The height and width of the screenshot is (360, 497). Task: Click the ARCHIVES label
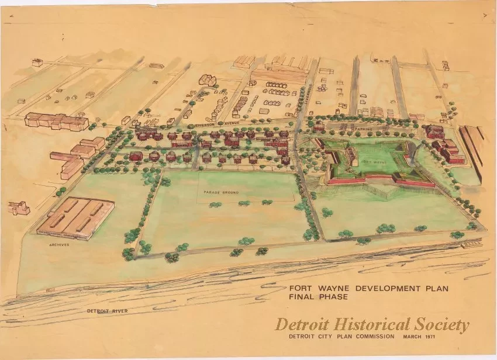[60, 245]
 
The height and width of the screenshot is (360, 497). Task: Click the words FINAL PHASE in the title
[317, 297]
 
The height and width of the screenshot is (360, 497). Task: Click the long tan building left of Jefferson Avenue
[56, 121]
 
